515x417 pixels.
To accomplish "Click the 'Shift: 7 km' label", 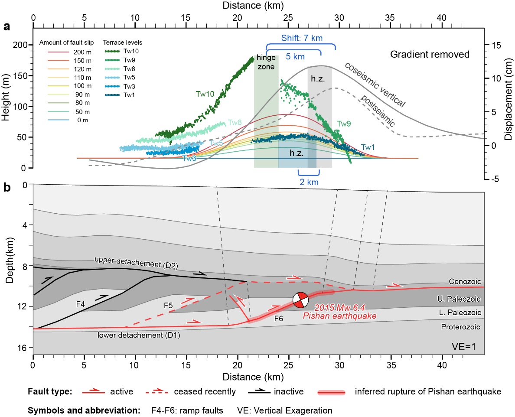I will click(x=301, y=38).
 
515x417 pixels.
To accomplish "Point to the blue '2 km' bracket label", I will click(x=309, y=182).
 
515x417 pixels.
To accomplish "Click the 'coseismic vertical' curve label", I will click(x=375, y=85).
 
